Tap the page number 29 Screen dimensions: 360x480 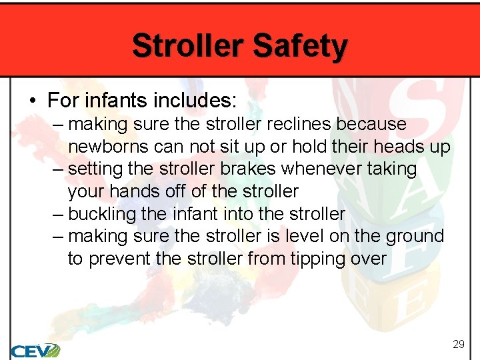click(458, 344)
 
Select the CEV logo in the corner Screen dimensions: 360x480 click(35, 350)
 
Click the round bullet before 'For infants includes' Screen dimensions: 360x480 click(32, 101)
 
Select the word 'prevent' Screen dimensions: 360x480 click(117, 259)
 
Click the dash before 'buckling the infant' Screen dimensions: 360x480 click(57, 214)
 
